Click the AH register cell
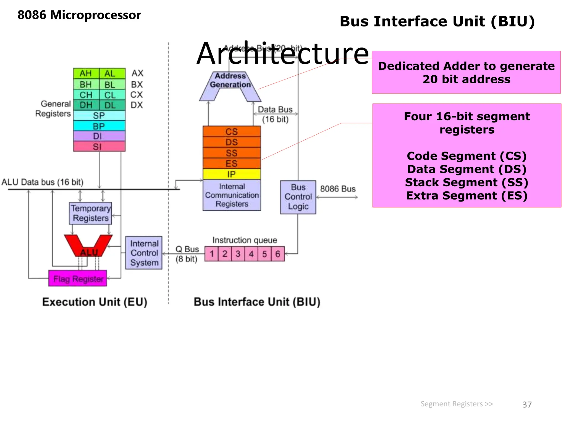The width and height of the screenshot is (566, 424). [86, 73]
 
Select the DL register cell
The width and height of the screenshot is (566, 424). [110, 105]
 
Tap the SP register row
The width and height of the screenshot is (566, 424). [99, 115]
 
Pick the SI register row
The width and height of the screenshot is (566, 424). [99, 146]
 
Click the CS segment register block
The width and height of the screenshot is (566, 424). [232, 131]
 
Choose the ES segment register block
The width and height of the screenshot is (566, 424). [232, 163]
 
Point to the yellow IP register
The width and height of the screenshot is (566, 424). [232, 174]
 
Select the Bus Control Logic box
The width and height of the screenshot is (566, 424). [298, 197]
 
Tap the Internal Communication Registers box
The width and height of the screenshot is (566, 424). [232, 195]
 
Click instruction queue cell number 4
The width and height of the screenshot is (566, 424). [251, 254]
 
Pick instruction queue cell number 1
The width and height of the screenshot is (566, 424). [212, 254]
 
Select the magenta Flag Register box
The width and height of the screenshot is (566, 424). [78, 279]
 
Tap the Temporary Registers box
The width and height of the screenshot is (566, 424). [90, 213]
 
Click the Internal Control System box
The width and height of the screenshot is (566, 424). [144, 253]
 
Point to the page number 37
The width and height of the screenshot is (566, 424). [527, 404]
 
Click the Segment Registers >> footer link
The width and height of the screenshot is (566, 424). [457, 404]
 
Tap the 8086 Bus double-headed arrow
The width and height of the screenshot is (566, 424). [337, 197]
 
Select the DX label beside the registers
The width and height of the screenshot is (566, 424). [137, 105]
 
